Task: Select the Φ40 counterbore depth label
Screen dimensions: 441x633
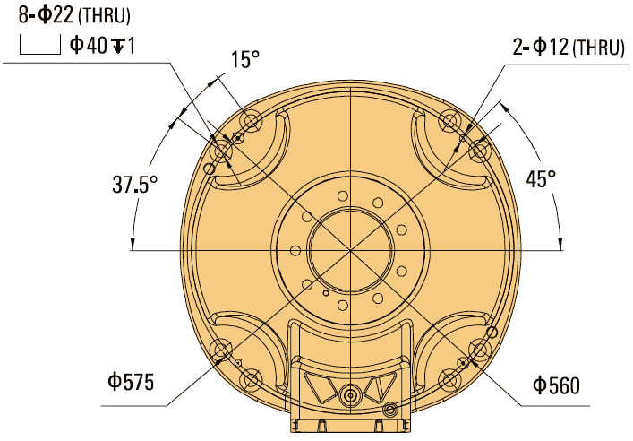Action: [102, 45]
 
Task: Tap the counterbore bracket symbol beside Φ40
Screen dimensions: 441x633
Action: [38, 46]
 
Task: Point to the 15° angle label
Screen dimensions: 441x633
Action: [244, 61]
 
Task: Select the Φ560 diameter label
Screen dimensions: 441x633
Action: [556, 386]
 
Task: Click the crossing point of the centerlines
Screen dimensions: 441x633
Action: [347, 250]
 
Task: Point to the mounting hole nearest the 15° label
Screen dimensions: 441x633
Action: [250, 120]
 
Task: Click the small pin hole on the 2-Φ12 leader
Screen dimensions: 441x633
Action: [462, 138]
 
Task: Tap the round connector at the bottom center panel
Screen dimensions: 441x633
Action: [349, 393]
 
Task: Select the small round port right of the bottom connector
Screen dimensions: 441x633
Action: [389, 410]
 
